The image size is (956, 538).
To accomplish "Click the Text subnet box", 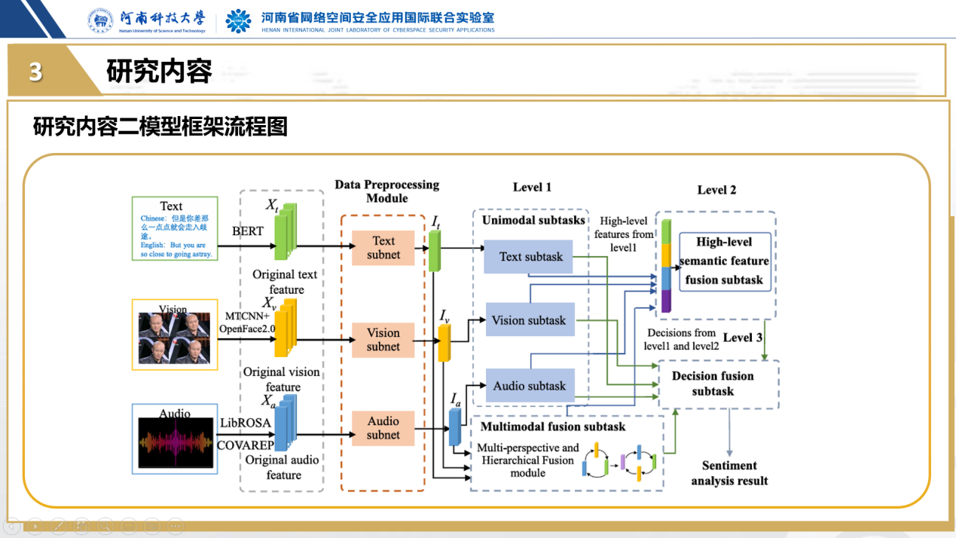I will pos(383,248).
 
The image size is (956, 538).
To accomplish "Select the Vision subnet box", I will pos(383,340).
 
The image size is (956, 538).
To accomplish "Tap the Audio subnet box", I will pos(383,428).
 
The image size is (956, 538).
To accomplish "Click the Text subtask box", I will pos(530,257).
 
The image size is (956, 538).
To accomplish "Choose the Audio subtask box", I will pos(529,387).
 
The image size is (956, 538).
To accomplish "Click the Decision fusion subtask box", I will pos(713,384).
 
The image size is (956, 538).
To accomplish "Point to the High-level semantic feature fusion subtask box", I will pos(724,261).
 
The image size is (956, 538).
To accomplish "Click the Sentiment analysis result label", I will pos(729,473).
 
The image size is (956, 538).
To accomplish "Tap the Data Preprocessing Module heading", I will pos(386,191).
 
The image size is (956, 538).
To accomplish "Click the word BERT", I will pos(248,231).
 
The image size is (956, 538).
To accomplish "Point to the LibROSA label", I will pos(246,423).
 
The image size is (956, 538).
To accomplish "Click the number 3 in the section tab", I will pos(35,72).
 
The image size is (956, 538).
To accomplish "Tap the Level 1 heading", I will pos(532,187).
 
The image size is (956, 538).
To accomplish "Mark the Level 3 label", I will pos(743,338).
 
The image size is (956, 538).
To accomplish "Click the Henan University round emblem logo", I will pos(101,21).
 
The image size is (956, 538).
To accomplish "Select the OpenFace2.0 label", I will pos(247,329).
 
